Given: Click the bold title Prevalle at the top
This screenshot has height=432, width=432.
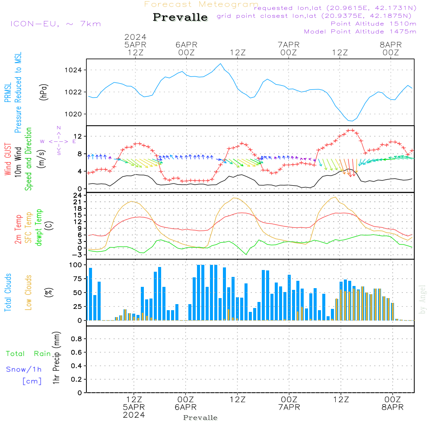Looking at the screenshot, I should (x=180, y=17).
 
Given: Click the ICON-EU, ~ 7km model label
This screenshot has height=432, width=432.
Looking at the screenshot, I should (x=55, y=24).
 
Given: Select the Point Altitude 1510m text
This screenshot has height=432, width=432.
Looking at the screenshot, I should (x=373, y=23).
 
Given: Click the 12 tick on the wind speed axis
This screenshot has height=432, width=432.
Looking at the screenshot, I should (x=78, y=137).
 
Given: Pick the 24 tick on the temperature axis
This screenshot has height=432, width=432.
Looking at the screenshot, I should (x=78, y=195).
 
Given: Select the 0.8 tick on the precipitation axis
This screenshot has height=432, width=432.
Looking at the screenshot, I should (x=76, y=339).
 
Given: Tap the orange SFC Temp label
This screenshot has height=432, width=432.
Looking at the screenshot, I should (x=29, y=228).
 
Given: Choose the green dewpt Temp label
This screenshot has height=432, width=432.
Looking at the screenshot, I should (x=39, y=228).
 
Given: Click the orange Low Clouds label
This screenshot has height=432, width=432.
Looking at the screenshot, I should (x=29, y=292).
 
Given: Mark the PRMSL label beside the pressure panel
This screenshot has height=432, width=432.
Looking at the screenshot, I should (x=8, y=90).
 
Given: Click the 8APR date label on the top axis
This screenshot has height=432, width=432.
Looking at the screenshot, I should (x=391, y=44).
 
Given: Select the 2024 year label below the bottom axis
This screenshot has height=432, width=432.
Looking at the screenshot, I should (x=134, y=415).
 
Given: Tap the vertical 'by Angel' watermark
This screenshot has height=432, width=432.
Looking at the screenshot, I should (x=423, y=299).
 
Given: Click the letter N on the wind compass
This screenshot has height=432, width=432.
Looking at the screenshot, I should (x=59, y=128).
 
